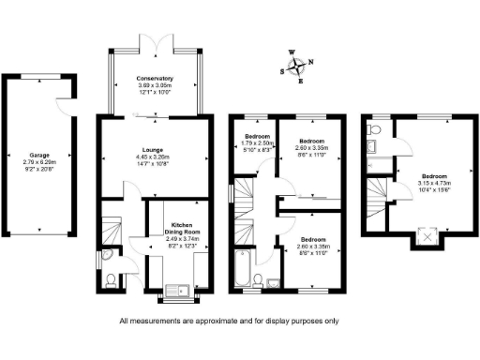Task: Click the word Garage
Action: coord(38,156)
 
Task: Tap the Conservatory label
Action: coord(156,79)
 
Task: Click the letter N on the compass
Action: coord(312,63)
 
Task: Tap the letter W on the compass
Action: coord(291,53)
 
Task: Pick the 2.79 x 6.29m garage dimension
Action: coord(38,163)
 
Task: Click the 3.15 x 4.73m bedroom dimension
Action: coord(433,184)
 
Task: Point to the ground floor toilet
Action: coord(111,277)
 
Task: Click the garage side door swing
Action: coord(65,106)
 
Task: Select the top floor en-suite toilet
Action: coord(374,146)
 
